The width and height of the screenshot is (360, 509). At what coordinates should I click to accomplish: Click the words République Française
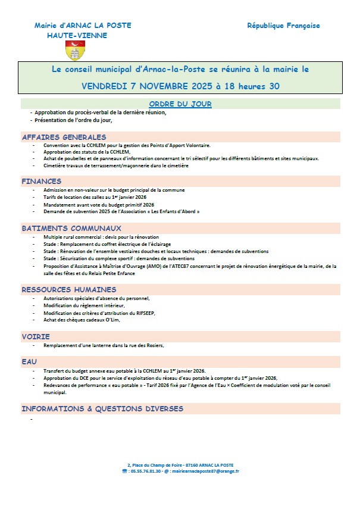(283, 26)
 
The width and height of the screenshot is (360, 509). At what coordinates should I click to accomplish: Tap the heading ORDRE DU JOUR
(180, 104)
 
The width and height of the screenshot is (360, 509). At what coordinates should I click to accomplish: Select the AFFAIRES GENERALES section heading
(64, 137)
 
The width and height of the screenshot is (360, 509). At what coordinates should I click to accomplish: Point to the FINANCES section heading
(42, 181)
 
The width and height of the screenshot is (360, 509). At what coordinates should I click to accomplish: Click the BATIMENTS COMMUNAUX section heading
(71, 228)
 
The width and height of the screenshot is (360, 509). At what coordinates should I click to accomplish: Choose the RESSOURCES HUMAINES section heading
(73, 289)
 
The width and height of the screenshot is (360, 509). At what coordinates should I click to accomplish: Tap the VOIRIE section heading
(36, 336)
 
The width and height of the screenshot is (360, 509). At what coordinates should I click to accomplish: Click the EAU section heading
(30, 361)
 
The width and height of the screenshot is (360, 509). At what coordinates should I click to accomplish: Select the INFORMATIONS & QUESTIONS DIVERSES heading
(102, 409)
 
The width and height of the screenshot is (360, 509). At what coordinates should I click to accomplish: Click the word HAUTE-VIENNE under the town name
(77, 35)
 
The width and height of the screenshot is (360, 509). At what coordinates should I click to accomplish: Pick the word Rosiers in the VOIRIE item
(151, 345)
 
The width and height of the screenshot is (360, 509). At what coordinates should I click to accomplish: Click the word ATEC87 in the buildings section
(181, 267)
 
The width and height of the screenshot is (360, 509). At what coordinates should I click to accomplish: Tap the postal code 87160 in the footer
(193, 464)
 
